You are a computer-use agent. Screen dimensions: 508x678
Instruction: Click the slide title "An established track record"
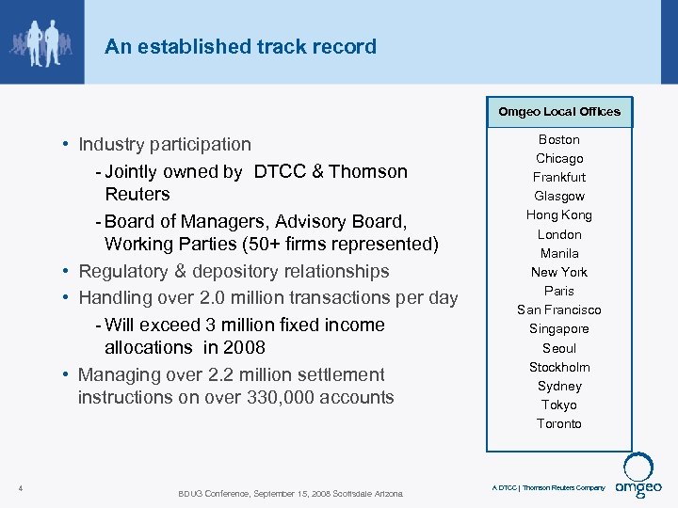point(240,46)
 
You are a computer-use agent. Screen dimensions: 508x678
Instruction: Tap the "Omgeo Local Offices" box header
point(559,112)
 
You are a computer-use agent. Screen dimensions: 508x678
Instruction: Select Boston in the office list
point(559,139)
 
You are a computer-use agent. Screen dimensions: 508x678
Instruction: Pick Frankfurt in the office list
point(559,177)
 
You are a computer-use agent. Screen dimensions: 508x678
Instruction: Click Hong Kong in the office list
point(559,214)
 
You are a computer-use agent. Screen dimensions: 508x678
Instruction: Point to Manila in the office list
point(559,253)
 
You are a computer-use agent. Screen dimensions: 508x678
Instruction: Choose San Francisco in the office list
point(559,310)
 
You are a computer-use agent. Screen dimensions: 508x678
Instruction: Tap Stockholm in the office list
point(559,367)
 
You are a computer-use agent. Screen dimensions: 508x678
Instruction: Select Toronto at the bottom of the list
point(559,423)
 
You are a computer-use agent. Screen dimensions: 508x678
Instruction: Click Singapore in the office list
point(559,328)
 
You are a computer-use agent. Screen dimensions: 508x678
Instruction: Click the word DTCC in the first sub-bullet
point(280,171)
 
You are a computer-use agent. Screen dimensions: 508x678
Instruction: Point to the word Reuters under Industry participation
point(137,194)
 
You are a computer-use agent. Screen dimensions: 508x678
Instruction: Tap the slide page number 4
point(21,487)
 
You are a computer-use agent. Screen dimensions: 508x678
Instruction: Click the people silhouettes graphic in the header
point(40,40)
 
